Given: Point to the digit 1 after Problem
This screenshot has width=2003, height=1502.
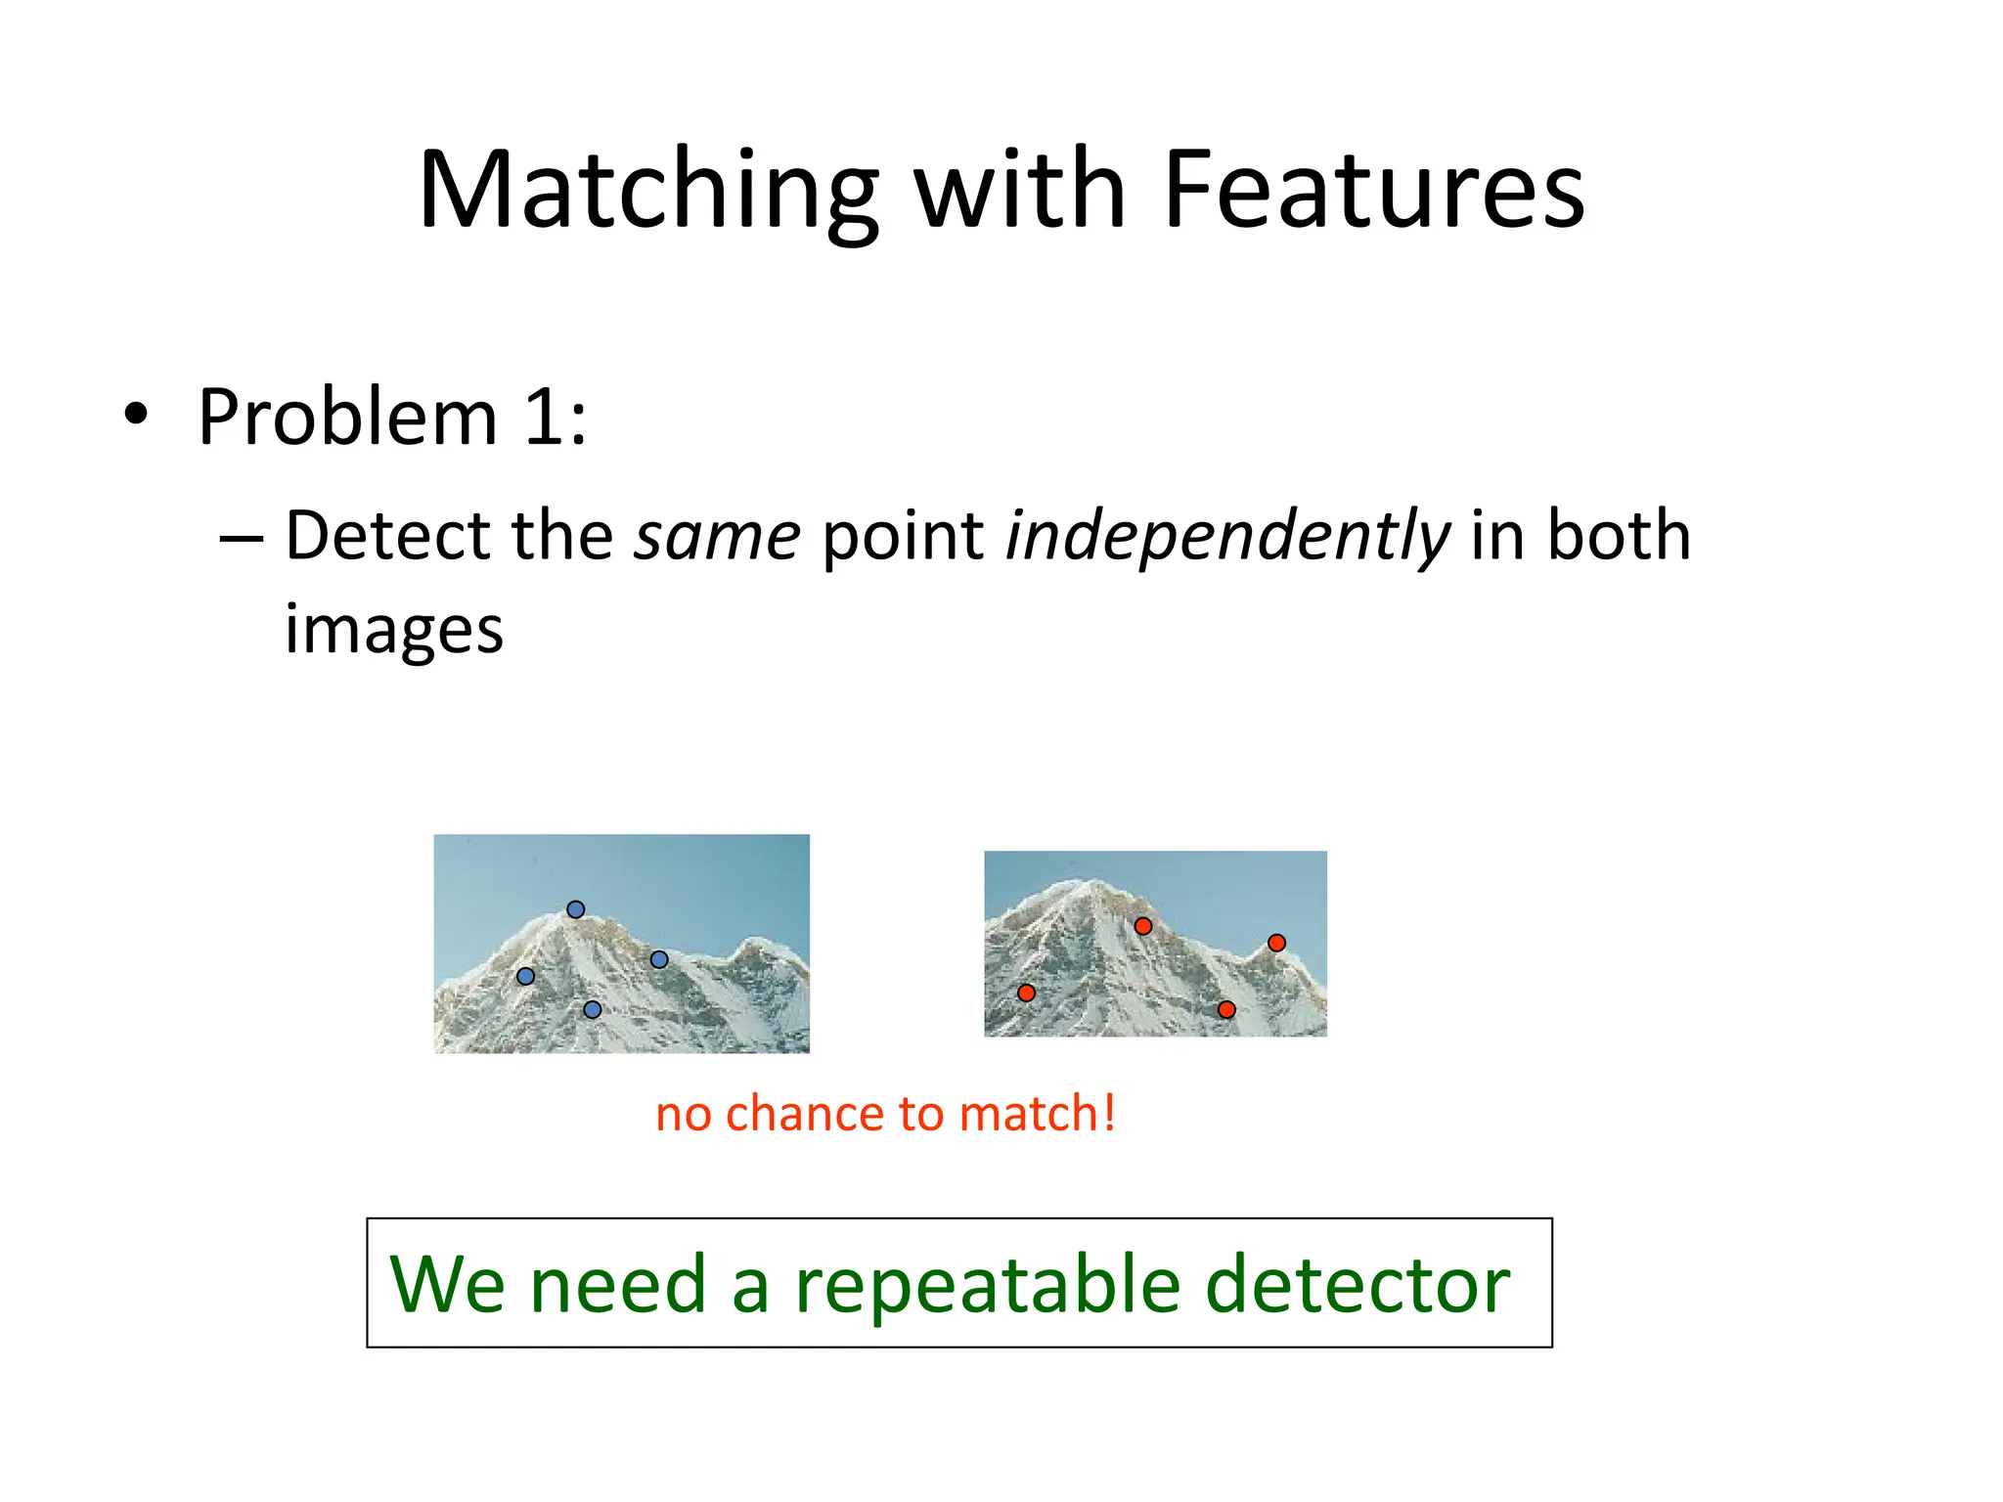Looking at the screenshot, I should coord(544,418).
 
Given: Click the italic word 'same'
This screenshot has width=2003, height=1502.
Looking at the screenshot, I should coord(717,536).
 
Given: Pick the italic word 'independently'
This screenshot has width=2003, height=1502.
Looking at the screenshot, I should coord(1227,538).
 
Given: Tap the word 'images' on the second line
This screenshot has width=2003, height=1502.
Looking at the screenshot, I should coord(394,630).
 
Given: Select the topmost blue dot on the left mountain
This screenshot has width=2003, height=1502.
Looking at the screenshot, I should coord(576,909).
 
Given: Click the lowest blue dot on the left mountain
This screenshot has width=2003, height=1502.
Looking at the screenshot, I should coord(592,1009).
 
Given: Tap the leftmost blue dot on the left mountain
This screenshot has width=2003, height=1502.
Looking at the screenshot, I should coord(525,976).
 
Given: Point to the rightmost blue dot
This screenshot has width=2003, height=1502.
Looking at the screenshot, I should coord(659,959).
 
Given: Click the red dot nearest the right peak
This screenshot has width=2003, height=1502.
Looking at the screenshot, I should coord(1276,943).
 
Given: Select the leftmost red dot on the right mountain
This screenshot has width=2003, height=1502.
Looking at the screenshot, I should coord(1026,993).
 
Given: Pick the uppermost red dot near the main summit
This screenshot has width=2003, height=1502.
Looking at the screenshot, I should coord(1143,925).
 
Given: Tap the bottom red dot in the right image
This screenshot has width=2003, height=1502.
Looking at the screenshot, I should coord(1226,1009).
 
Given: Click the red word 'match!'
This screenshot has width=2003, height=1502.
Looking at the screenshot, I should coord(1038,1114).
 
